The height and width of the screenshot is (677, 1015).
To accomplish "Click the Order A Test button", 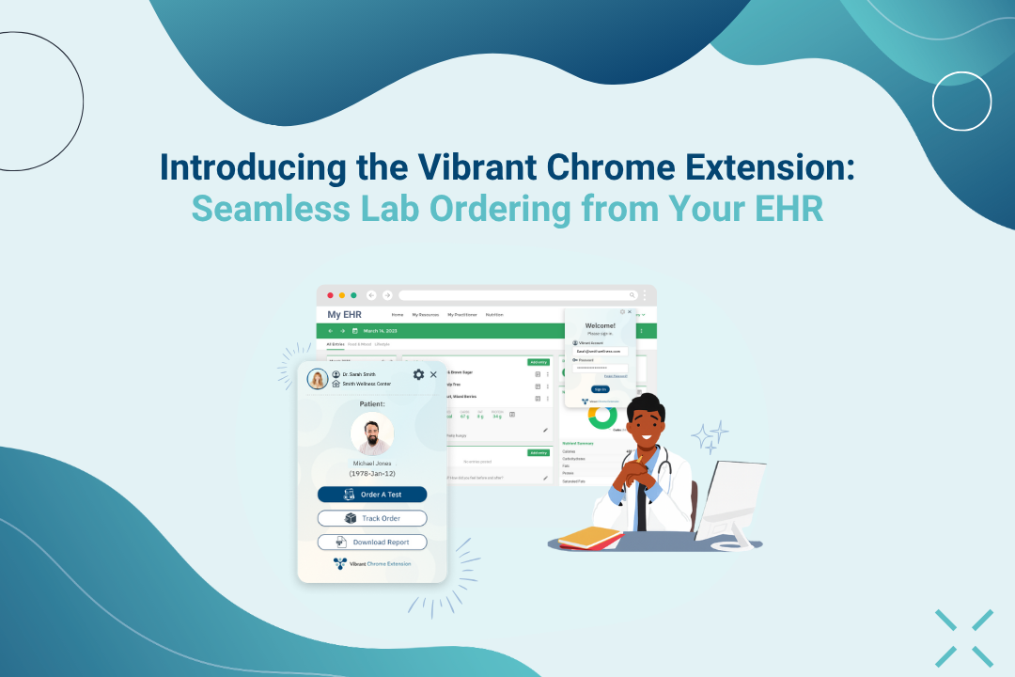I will coord(372,495).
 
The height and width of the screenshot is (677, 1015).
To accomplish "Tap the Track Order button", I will coord(372,518).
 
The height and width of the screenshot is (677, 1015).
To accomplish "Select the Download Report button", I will coord(372,543).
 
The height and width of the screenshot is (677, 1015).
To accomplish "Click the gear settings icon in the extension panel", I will coord(418,374).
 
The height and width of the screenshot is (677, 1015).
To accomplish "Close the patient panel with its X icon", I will coord(433,374).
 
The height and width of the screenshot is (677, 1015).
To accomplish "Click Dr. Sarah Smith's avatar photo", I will coord(317,379).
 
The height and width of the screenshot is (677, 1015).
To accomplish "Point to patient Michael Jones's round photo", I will coord(372,433).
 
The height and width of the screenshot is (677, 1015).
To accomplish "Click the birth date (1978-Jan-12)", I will coord(372,473).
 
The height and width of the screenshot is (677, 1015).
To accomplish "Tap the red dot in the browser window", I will coord(330,295).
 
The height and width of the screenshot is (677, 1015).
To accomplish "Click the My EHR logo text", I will coord(344,314).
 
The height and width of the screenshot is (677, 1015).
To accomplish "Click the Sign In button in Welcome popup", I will coord(600,388).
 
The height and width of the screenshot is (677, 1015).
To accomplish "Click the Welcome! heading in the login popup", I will coord(600,325).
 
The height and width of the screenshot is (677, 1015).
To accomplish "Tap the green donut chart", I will coord(601,416).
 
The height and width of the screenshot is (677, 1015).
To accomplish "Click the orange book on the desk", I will coord(589,536).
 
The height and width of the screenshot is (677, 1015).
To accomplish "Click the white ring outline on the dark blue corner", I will coord(961,101).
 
